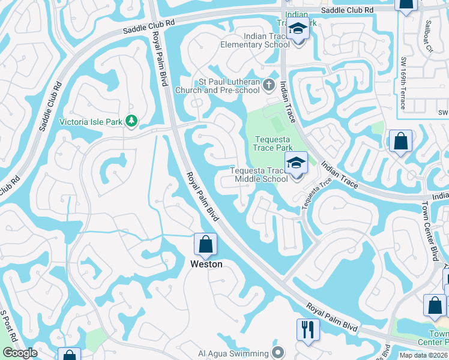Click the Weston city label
tap(206, 264)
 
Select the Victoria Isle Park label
tap(91, 121)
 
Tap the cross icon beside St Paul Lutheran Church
tap(270, 86)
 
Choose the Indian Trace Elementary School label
tap(255, 40)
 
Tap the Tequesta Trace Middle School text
tap(259, 174)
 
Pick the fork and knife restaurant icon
tap(307, 329)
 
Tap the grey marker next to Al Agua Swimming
tap(277, 352)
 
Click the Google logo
tap(20, 353)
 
